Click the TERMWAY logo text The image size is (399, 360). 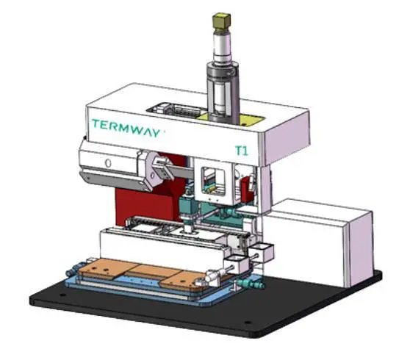coord(126,128)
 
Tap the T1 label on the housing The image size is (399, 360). coord(241,151)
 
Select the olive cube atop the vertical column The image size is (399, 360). coord(221,21)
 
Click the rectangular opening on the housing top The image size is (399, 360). coord(176,110)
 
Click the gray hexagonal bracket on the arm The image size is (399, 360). coord(153,168)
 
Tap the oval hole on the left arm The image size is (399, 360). coord(108,163)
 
